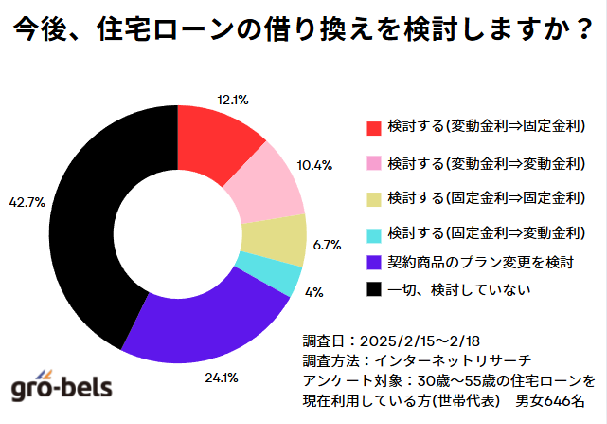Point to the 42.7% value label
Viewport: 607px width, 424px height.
(26, 203)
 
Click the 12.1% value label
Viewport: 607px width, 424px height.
(233, 98)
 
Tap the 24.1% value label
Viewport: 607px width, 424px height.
(222, 378)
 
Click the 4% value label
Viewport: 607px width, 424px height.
(312, 292)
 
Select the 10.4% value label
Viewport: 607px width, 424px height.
(314, 165)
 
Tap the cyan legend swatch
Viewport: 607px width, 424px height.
(373, 233)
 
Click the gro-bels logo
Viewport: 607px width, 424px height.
(62, 385)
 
